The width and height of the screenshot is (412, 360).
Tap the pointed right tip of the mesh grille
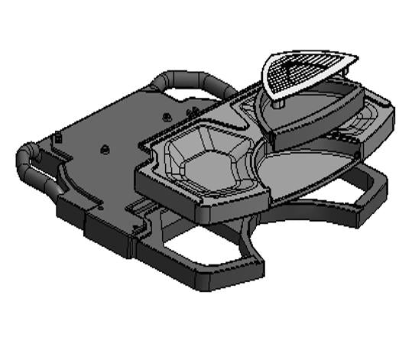(x=355, y=55)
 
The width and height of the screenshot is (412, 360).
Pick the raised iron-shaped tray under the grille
(x=313, y=115)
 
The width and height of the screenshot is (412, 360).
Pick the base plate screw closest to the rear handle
(x=167, y=116)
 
